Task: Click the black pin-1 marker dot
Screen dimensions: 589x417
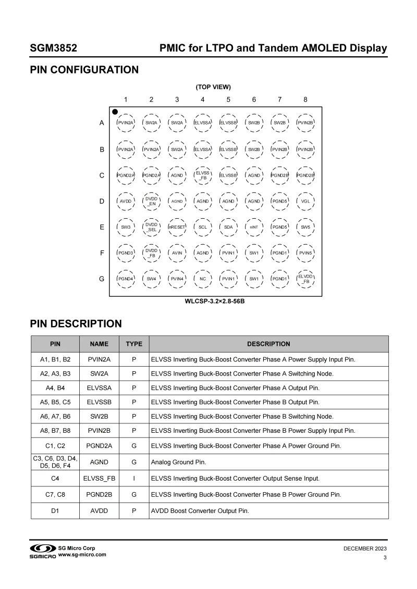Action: (115, 111)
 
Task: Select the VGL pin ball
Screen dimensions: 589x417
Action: (305, 201)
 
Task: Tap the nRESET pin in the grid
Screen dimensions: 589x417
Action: (177, 227)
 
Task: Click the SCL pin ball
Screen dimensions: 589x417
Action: (203, 227)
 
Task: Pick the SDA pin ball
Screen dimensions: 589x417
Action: (228, 227)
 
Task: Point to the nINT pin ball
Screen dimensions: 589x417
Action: (254, 227)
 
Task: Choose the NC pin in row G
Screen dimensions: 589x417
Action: (203, 279)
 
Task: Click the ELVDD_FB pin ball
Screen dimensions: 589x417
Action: (305, 279)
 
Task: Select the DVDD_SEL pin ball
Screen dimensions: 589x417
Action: (151, 227)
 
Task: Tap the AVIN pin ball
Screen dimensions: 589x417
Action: (177, 253)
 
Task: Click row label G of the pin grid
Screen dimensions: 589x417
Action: (102, 279)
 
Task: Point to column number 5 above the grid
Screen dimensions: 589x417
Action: (228, 99)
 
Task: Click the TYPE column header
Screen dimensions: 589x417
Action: (134, 344)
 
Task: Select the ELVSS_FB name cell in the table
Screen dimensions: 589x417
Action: (99, 478)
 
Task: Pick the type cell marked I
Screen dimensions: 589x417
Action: (134, 478)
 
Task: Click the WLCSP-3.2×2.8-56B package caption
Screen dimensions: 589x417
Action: (215, 301)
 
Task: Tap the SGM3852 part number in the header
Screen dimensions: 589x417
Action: (54, 49)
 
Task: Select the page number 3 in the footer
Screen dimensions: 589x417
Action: (384, 558)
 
